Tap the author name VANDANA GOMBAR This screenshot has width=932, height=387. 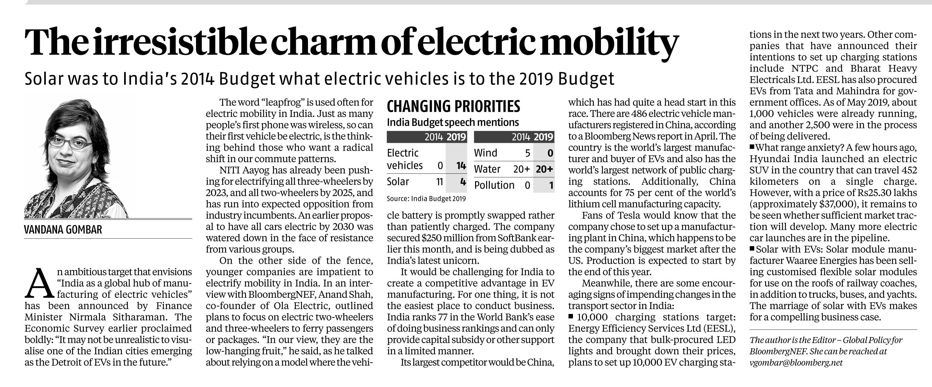click(x=63, y=230)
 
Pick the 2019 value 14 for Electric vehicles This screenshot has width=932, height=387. click(x=461, y=166)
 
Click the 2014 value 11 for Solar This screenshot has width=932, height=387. click(x=439, y=182)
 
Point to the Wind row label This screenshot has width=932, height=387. click(x=485, y=153)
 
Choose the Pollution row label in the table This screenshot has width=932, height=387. click(x=494, y=185)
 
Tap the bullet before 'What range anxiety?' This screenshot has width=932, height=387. click(x=752, y=147)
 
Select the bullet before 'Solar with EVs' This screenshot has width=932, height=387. click(x=752, y=248)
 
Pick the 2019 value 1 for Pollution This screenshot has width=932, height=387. click(x=551, y=186)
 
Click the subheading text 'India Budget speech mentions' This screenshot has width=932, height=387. click(x=453, y=123)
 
